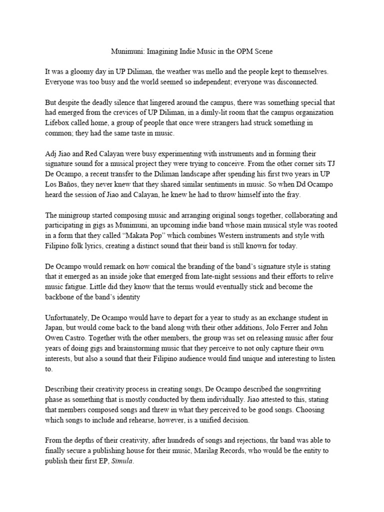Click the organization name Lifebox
pyautogui.click(x=58, y=122)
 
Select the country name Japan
pyautogui.click(x=55, y=328)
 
